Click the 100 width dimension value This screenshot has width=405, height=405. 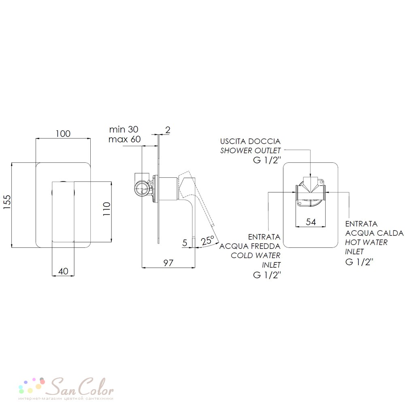pyautogui.click(x=63, y=134)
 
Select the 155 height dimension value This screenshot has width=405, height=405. pyautogui.click(x=7, y=202)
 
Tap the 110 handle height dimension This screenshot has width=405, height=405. pyautogui.click(x=107, y=209)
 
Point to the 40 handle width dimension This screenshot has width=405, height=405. pyautogui.click(x=63, y=271)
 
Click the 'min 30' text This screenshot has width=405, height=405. pyautogui.click(x=124, y=129)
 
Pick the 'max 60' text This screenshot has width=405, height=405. pyautogui.click(x=124, y=139)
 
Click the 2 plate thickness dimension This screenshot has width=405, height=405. pyautogui.click(x=168, y=130)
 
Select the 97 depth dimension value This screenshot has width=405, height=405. pyautogui.click(x=168, y=263)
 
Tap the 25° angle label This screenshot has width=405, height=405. pyautogui.click(x=208, y=241)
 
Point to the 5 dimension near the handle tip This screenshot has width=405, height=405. pyautogui.click(x=185, y=243)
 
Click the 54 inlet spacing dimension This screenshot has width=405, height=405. pyautogui.click(x=311, y=222)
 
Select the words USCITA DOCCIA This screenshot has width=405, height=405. pyautogui.click(x=250, y=141)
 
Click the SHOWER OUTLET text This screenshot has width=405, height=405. pyautogui.click(x=250, y=150)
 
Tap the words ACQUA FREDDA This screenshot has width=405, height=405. pyautogui.click(x=250, y=246)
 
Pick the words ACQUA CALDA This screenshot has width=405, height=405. pyautogui.click(x=374, y=233)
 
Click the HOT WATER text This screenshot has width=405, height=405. pyautogui.click(x=366, y=242)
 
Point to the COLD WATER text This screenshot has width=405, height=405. pyautogui.click(x=256, y=256)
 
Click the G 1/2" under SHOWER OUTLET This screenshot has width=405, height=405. pyautogui.click(x=267, y=160)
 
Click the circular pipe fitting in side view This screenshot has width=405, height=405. pyautogui.click(x=142, y=189)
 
